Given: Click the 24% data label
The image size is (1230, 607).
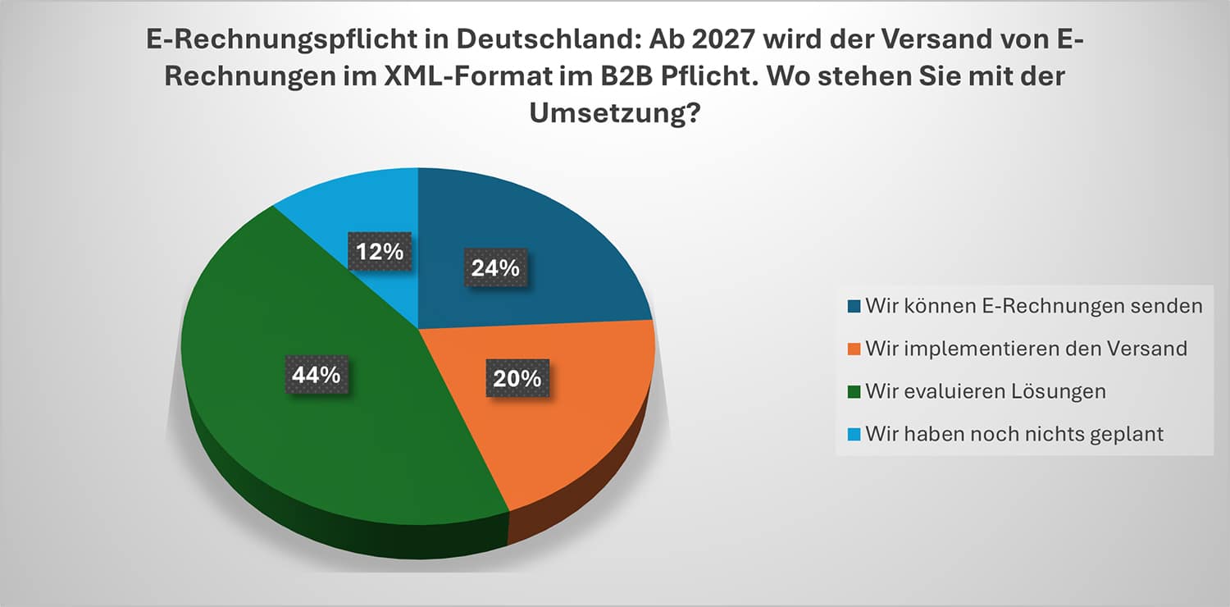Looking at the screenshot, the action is point(496,267).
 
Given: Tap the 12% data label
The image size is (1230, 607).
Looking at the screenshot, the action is point(380,251).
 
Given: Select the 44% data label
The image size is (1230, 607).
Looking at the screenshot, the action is point(317,375).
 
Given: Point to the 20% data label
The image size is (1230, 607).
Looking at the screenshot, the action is point(517,378).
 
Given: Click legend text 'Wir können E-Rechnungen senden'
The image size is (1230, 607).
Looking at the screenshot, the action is point(1034,306).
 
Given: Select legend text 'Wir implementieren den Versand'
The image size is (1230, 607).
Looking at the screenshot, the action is point(1027,349).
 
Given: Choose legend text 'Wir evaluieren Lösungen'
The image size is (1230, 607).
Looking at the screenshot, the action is point(986,391).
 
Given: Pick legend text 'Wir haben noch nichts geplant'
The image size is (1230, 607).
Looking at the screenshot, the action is point(1014,434).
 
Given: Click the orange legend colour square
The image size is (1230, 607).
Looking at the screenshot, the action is point(854,349).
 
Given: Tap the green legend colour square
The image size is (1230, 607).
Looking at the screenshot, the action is point(854,392).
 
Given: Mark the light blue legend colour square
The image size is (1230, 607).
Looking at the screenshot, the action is point(854,435).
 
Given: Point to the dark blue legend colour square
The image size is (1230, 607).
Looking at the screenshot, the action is point(854,307).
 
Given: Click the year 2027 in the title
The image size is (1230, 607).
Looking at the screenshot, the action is point(723,39).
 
